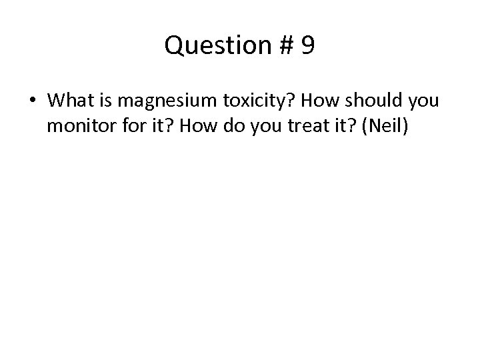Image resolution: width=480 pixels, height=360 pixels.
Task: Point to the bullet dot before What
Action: point(33,101)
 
